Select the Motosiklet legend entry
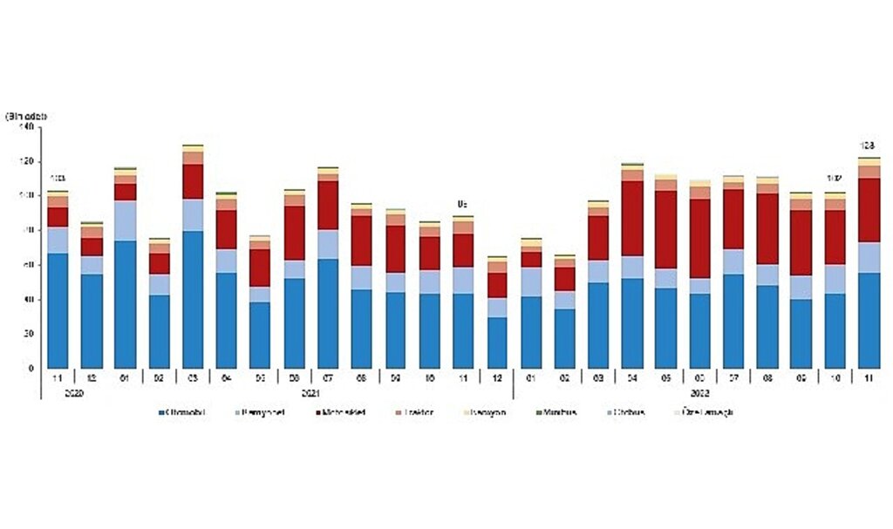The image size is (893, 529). click(x=341, y=411)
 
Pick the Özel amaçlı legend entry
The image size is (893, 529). click(x=708, y=411)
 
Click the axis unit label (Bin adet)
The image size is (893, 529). click(x=25, y=116)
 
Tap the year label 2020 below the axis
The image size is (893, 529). click(x=58, y=393)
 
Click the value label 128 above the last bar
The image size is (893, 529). click(x=868, y=146)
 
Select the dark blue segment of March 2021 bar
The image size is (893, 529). click(x=193, y=299)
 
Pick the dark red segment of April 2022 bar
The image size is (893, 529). click(x=632, y=219)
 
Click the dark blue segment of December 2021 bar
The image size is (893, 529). click(x=497, y=342)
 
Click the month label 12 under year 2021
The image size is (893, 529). click(x=497, y=379)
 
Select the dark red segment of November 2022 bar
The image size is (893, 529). click(x=869, y=210)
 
